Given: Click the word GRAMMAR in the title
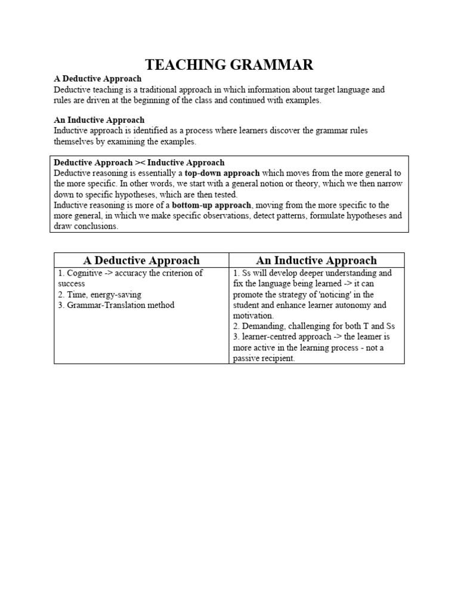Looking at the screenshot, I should coord(273,65).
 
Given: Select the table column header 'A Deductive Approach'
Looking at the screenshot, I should coord(141,260).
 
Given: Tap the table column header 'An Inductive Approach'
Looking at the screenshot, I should coord(316,260).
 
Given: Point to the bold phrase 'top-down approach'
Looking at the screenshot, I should coord(222,173).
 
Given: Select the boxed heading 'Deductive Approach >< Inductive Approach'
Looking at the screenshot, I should coord(139,162).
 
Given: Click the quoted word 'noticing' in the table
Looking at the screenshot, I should coord(342,294).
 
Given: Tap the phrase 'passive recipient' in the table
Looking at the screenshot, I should coord(264,359).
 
